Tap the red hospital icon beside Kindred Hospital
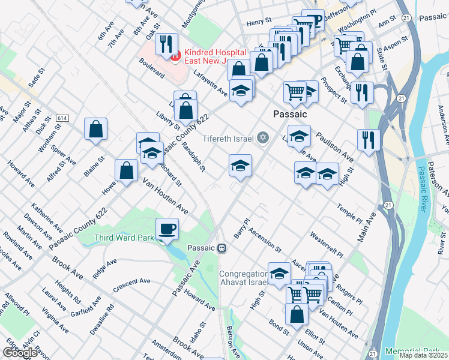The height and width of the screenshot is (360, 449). (176, 57)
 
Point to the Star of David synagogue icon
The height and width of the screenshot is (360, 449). (262, 138)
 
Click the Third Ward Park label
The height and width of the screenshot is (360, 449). (122, 238)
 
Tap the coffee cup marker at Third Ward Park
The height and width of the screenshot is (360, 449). (167, 229)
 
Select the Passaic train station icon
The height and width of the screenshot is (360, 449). (221, 247)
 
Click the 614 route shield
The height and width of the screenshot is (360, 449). (62, 119)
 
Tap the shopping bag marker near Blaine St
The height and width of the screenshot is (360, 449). (96, 128)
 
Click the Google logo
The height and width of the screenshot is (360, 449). (20, 353)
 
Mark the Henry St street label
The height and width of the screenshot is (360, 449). (259, 22)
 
